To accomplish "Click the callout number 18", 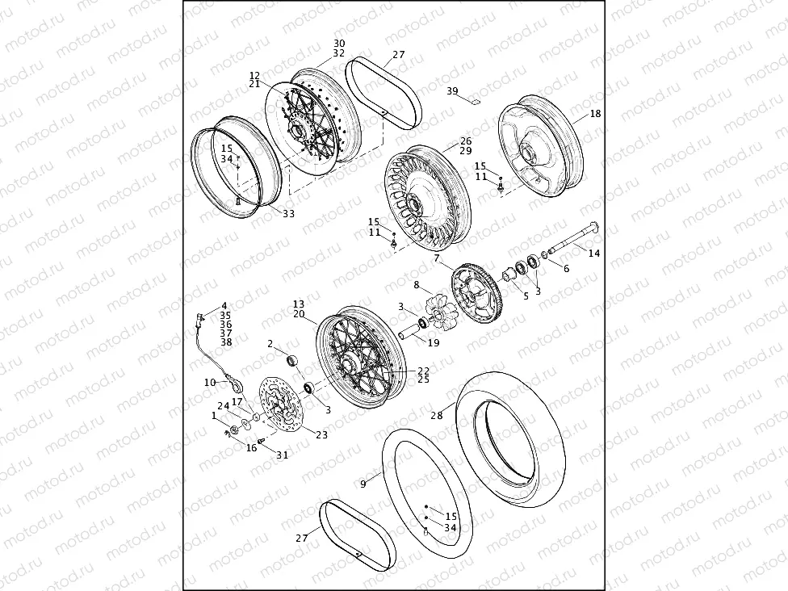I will [595, 114].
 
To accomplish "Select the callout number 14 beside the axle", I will [593, 254].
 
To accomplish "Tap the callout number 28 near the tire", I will [437, 416].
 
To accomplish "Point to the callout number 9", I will [363, 484].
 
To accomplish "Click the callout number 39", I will [452, 90].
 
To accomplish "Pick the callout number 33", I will [288, 214].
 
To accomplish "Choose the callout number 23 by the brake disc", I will [321, 434].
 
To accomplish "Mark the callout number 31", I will [282, 455].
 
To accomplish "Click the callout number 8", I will [417, 285].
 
